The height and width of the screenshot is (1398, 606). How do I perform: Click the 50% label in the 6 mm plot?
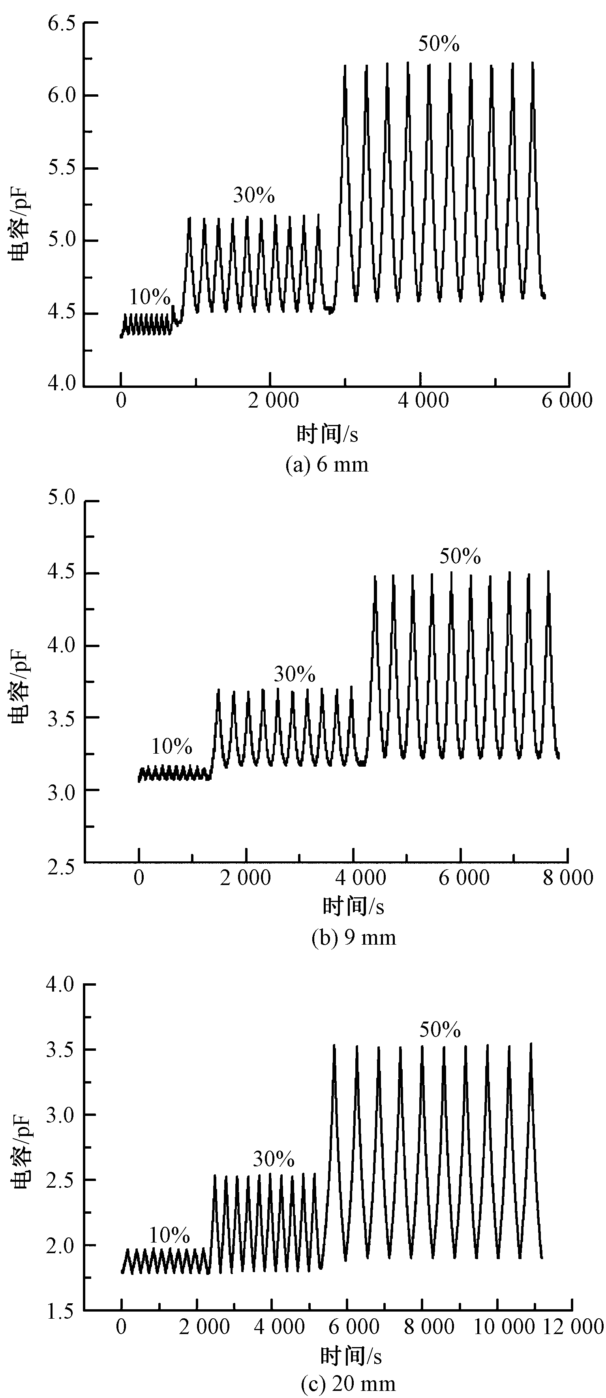[x=439, y=44]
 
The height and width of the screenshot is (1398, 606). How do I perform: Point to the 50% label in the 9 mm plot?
[x=460, y=557]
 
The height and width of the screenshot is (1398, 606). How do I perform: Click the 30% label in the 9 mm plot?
[x=294, y=675]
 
